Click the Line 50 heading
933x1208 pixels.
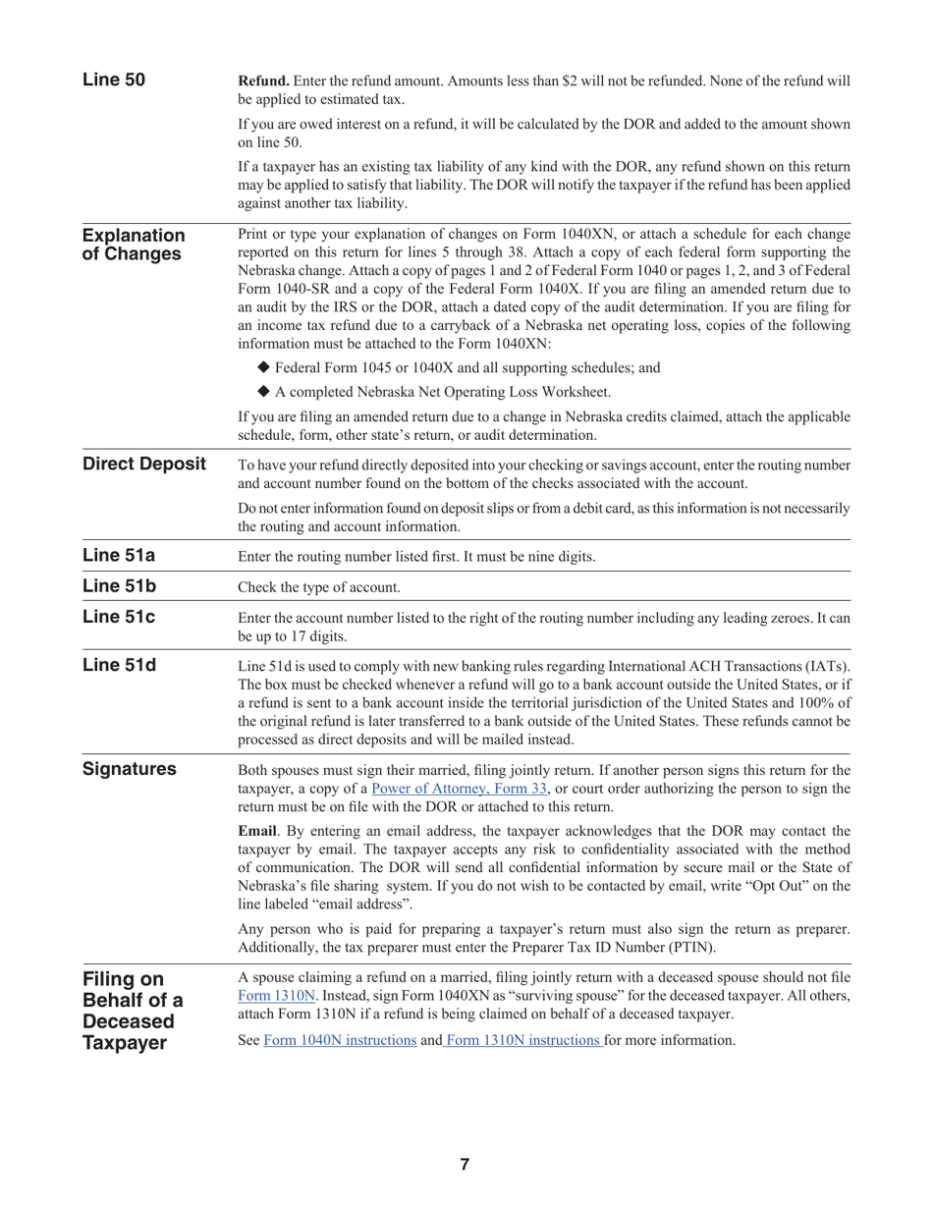(x=114, y=81)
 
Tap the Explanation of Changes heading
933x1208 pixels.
(x=134, y=246)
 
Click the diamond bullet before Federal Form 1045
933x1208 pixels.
(x=263, y=367)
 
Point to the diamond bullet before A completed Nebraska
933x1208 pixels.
(x=263, y=392)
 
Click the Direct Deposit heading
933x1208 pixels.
(x=144, y=465)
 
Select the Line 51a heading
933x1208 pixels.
(x=119, y=556)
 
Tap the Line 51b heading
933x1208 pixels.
(x=119, y=587)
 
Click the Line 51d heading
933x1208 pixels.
(x=119, y=666)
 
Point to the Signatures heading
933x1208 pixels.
(x=130, y=769)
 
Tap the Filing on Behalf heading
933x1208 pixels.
(x=134, y=1011)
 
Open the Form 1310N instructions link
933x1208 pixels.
(x=522, y=1040)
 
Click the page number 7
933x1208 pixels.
(x=465, y=1165)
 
